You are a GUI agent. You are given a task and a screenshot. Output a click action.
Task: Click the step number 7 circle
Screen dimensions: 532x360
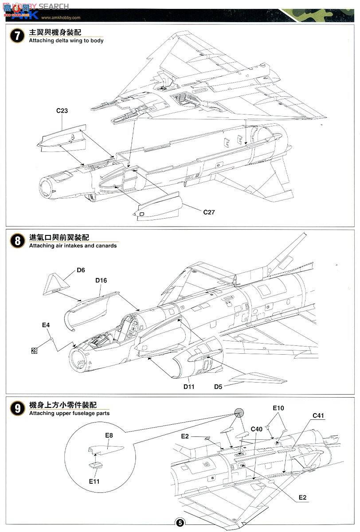tap(17, 36)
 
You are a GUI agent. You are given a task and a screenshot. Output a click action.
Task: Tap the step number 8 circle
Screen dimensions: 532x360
tap(17, 241)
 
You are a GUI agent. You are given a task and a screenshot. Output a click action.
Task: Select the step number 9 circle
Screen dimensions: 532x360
tap(17, 408)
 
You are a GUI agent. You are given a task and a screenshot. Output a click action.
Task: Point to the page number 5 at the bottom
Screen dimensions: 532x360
tap(180, 522)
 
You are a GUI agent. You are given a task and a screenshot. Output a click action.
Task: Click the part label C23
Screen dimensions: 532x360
tap(62, 111)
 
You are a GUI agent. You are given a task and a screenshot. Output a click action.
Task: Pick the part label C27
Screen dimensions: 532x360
tap(209, 212)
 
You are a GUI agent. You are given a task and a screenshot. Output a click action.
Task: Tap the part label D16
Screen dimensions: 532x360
tap(101, 280)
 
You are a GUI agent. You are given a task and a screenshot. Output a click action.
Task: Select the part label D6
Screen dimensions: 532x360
tap(81, 270)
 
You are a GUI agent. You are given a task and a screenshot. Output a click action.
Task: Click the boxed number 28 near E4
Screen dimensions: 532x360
tap(34, 351)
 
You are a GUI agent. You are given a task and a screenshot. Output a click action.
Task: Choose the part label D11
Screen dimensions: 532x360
tap(189, 387)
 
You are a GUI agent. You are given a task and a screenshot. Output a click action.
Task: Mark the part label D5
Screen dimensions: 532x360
tap(218, 387)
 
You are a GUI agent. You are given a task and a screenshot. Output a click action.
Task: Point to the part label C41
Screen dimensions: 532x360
tap(318, 415)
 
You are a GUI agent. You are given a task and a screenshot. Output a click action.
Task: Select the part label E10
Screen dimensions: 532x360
tap(278, 408)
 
